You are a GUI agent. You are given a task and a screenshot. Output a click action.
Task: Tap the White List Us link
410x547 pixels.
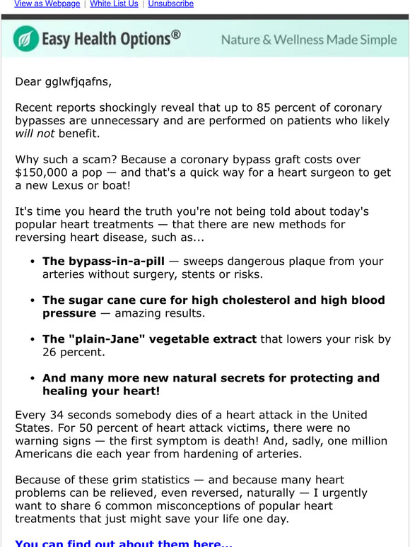coord(114,4)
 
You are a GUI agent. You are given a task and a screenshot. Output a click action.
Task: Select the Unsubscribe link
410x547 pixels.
coord(170,4)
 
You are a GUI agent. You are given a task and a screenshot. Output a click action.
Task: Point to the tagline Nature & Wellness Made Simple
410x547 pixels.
coord(309,40)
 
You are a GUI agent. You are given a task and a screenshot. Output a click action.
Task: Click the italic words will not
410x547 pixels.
coord(34,134)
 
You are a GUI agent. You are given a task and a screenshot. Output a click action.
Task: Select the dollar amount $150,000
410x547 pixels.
coord(45,172)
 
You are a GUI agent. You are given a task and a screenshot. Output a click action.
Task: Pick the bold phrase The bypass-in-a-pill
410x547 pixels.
coord(103,261)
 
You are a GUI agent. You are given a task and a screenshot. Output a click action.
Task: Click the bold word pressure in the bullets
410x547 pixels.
coord(69,313)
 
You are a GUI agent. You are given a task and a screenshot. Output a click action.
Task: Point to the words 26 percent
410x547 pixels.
coord(74,352)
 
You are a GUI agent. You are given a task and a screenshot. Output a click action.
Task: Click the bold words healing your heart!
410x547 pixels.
coord(101,391)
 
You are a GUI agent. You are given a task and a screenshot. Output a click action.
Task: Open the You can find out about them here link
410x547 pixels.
coord(118,543)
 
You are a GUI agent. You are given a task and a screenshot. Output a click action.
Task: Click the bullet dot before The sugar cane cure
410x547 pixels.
coord(33,300)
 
